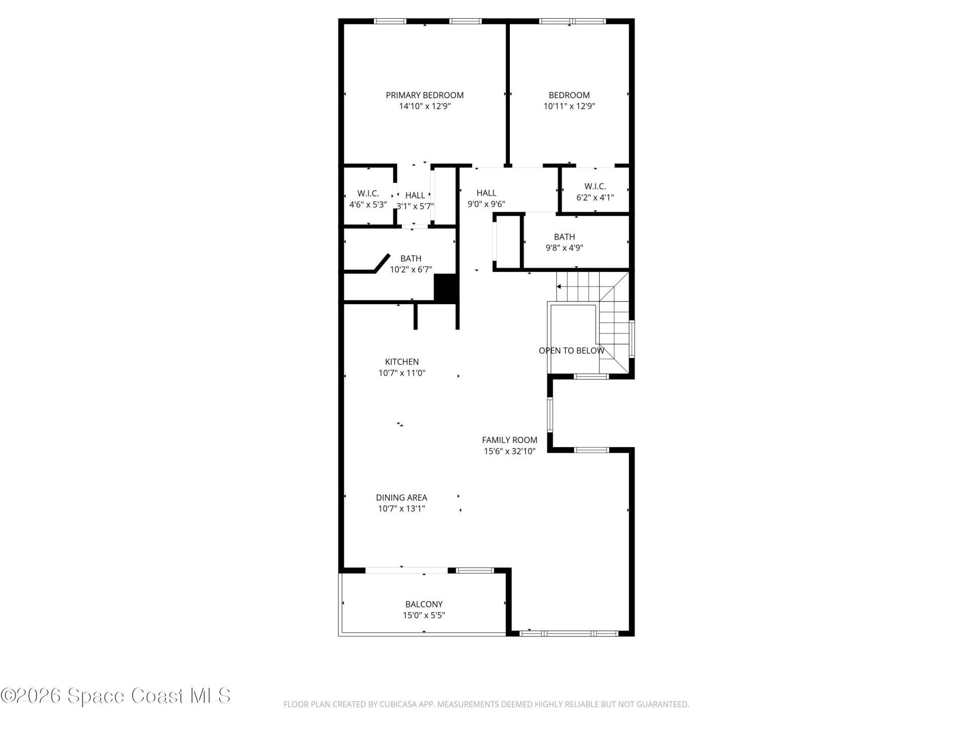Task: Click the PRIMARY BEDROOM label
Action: pyautogui.click(x=425, y=95)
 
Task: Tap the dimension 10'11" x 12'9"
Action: pyautogui.click(x=569, y=106)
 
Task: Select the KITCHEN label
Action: pyautogui.click(x=402, y=361)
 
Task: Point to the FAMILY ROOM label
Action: pyautogui.click(x=509, y=440)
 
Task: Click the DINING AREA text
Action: pyautogui.click(x=401, y=498)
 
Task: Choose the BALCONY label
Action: pyautogui.click(x=424, y=604)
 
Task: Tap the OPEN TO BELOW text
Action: pyautogui.click(x=571, y=350)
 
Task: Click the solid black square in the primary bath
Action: pyautogui.click(x=445, y=289)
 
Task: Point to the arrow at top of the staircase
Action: pyautogui.click(x=559, y=287)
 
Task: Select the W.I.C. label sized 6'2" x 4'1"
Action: pyautogui.click(x=595, y=186)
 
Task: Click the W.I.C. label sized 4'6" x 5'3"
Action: pyautogui.click(x=368, y=193)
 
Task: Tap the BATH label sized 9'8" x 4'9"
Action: pyautogui.click(x=564, y=237)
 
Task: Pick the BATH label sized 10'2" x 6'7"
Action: pyautogui.click(x=410, y=258)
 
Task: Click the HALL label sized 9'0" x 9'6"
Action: pyautogui.click(x=486, y=193)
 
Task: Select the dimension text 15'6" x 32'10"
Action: pyautogui.click(x=509, y=451)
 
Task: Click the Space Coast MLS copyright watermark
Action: pyautogui.click(x=116, y=696)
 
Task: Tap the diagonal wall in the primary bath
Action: pyautogui.click(x=382, y=263)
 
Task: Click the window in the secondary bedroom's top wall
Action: pyautogui.click(x=572, y=21)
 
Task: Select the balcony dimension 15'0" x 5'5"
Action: pyautogui.click(x=424, y=615)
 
